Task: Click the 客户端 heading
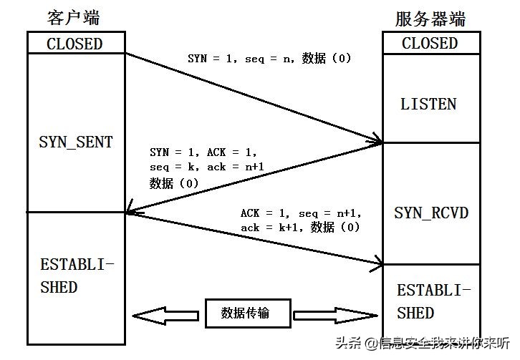point(74,18)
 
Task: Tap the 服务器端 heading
point(430,18)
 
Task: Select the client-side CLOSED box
point(74,43)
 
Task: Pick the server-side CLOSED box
point(430,43)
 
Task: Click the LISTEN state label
point(428,104)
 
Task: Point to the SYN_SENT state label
point(75,142)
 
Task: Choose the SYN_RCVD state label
point(431,213)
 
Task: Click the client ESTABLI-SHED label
point(77,276)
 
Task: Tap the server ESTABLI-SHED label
point(434,301)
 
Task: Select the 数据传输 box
point(245,313)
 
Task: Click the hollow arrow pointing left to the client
point(165,314)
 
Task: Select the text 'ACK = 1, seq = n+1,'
point(301,213)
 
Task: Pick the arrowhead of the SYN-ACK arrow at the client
point(131,210)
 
